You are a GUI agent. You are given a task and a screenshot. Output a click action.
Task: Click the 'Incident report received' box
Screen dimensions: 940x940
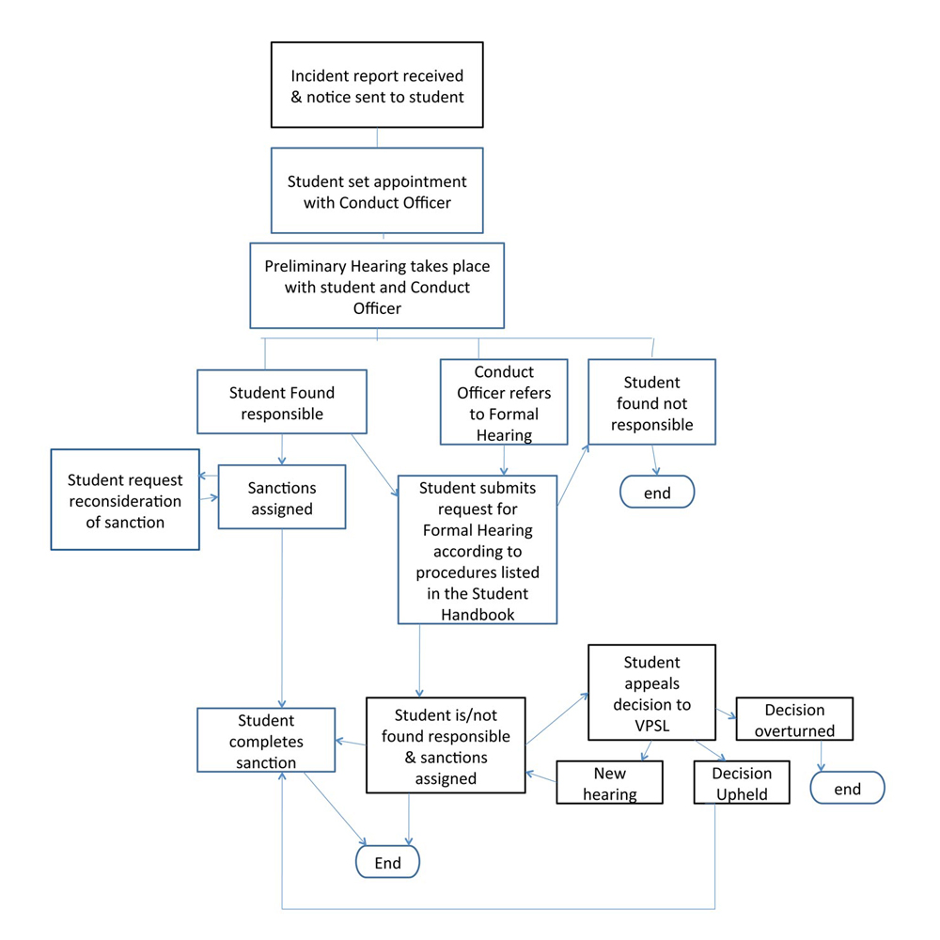click(x=377, y=85)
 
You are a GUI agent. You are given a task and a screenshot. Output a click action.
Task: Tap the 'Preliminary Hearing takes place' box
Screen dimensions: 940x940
click(x=377, y=286)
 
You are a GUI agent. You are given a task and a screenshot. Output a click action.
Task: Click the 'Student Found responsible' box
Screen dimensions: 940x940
click(x=281, y=402)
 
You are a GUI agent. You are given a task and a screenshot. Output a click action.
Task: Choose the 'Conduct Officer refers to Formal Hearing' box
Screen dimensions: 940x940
click(x=504, y=401)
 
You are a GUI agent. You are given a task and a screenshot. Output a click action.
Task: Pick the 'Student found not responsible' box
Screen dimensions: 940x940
click(x=651, y=403)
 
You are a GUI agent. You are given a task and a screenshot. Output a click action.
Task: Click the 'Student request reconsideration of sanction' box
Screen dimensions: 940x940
click(x=125, y=498)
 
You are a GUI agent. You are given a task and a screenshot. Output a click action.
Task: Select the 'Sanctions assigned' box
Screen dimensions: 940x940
click(x=281, y=497)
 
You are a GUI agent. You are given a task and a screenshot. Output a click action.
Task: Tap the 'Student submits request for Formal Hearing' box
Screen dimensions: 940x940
click(x=478, y=549)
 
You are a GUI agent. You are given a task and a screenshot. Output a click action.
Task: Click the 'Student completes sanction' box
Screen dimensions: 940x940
click(x=266, y=742)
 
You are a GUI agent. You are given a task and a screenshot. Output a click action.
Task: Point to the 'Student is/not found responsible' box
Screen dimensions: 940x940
click(x=446, y=744)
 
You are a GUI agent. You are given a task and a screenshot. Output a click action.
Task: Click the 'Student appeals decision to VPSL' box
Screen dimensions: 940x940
click(x=651, y=692)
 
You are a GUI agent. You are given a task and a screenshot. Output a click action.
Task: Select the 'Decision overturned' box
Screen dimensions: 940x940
click(x=794, y=720)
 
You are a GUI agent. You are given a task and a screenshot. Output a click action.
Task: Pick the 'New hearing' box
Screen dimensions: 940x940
click(x=609, y=782)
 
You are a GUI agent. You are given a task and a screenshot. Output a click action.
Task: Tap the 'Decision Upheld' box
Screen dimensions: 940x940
click(x=741, y=783)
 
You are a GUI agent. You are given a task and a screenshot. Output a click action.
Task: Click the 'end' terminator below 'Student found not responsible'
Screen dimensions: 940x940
click(x=656, y=492)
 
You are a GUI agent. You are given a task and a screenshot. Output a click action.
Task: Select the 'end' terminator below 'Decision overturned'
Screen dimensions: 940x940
click(x=847, y=789)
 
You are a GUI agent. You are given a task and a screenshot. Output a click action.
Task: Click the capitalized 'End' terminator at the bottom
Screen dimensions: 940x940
click(x=387, y=862)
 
